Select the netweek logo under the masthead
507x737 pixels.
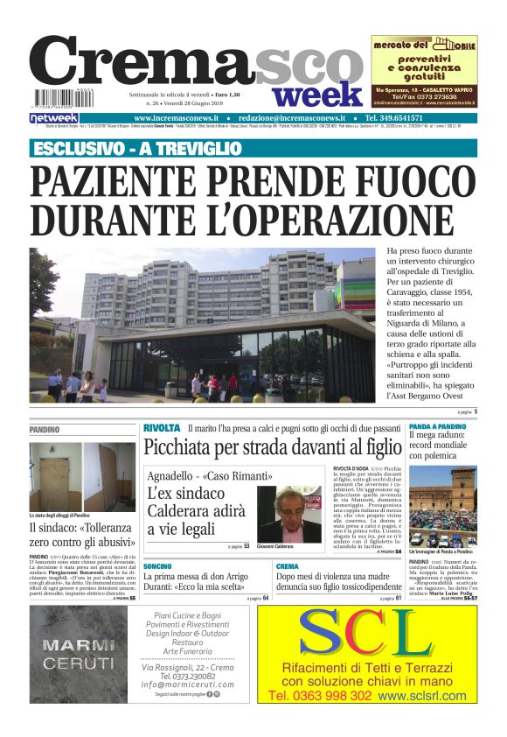click(54, 117)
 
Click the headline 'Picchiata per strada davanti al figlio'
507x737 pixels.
click(272, 448)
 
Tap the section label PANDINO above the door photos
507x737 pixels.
click(45, 430)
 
